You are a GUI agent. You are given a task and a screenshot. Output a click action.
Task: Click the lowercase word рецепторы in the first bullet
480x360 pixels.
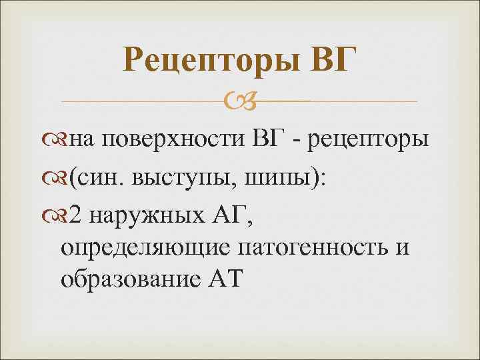367,143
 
